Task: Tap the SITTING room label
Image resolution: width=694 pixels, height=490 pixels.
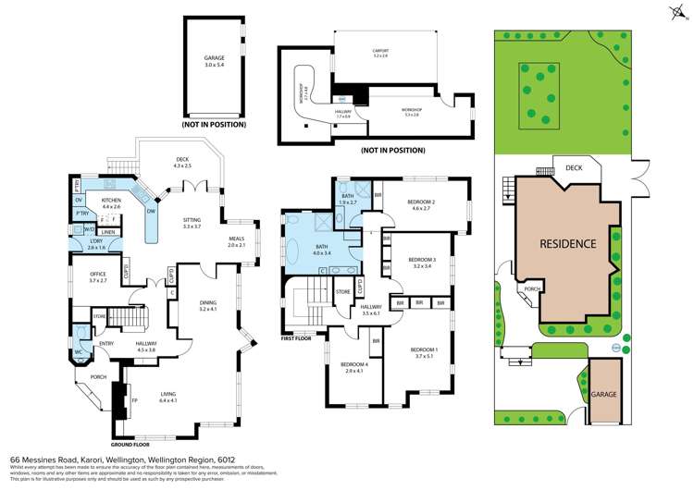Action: (x=192, y=222)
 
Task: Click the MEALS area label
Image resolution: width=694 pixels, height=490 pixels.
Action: (x=236, y=242)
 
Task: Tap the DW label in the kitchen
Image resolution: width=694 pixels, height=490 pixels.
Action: (x=150, y=209)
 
